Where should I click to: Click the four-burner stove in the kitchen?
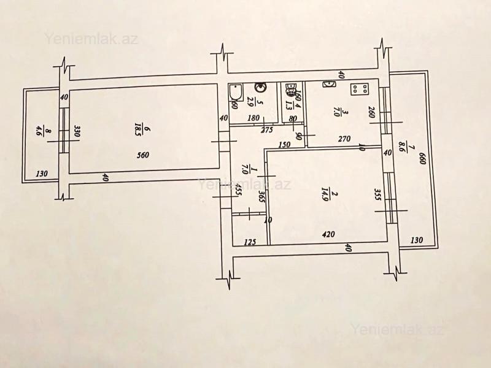point(359,90)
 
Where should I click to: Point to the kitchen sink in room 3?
point(329,84)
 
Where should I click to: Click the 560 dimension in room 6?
point(144,155)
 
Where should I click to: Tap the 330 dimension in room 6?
point(78,131)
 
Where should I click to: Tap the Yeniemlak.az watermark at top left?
point(91,38)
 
